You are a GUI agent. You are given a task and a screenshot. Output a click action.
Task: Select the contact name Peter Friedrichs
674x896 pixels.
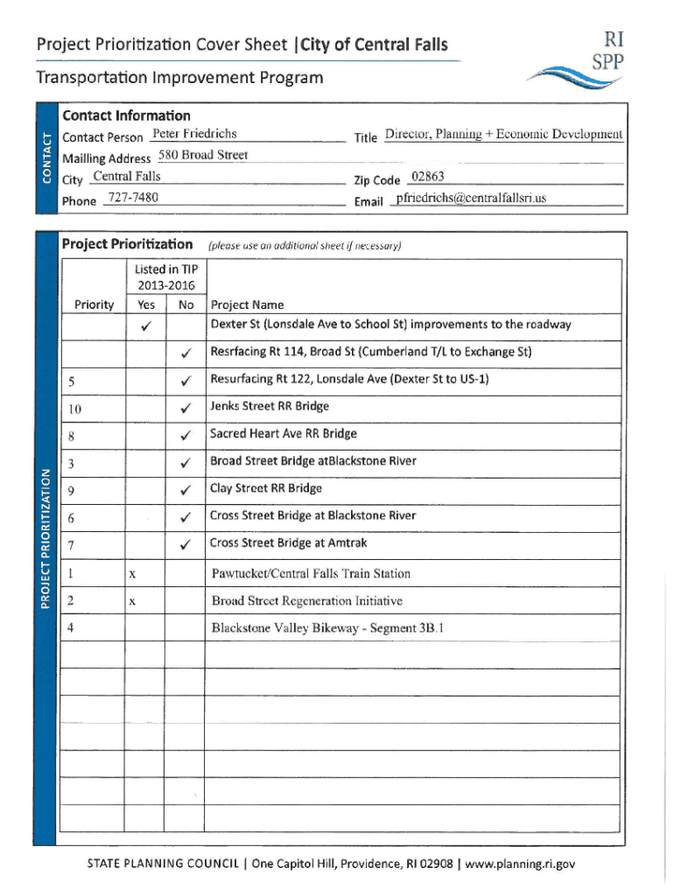coord(193,134)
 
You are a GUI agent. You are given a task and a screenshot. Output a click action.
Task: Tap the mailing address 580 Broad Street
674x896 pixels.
coord(203,156)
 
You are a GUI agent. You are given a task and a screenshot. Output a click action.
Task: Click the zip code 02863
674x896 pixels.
coord(428,178)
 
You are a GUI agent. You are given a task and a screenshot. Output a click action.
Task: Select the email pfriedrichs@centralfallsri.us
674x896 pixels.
coord(470,199)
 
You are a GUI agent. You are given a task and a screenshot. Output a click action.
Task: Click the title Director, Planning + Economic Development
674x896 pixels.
coord(503,135)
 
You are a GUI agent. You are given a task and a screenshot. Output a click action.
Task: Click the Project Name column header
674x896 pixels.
coord(247,305)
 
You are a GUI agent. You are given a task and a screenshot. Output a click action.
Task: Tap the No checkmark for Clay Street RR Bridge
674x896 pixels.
coord(186,490)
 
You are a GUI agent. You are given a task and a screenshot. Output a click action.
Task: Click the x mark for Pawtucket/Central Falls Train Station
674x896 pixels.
coord(131,575)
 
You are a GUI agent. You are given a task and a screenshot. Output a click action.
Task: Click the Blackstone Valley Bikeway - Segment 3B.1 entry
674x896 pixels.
coord(327,627)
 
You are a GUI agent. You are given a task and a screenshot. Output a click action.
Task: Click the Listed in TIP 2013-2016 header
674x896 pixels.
coord(165,277)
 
